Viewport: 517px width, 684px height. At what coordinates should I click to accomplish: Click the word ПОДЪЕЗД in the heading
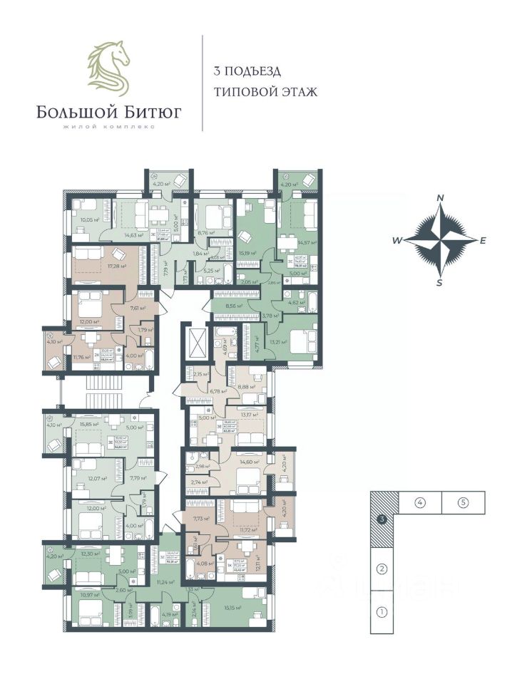(252, 71)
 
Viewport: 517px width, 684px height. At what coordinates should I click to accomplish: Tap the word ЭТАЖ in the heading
(297, 92)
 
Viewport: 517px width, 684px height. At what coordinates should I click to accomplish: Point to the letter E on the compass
(483, 240)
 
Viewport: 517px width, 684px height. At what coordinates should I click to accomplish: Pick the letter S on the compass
(440, 283)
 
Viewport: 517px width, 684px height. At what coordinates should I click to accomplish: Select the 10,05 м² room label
(91, 220)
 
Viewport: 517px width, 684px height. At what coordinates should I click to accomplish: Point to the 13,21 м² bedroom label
(278, 341)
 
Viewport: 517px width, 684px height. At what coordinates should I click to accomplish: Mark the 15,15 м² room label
(231, 608)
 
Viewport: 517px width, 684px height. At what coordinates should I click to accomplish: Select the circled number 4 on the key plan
(421, 502)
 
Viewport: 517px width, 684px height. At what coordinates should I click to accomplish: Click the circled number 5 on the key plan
(463, 502)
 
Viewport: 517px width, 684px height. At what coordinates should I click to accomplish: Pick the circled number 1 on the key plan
(382, 611)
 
